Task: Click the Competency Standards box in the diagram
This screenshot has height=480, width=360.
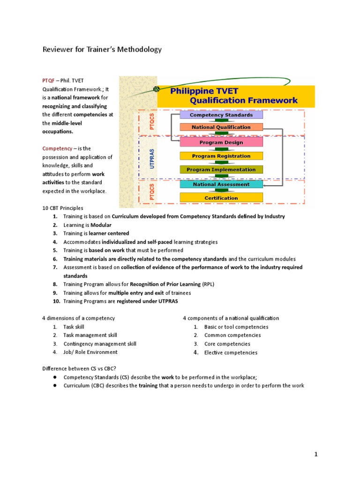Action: tap(221, 115)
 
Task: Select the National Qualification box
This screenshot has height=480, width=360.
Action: tap(221, 127)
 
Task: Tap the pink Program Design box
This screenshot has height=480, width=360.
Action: tap(221, 142)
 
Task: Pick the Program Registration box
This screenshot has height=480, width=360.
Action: tap(221, 156)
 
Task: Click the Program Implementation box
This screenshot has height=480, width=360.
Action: tap(221, 170)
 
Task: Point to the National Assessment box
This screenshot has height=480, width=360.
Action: tap(221, 184)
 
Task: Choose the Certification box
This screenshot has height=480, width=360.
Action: tap(221, 198)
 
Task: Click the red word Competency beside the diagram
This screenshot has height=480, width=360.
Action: tap(57, 148)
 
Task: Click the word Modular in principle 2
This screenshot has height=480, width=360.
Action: tap(101, 225)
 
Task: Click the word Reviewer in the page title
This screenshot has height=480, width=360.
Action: tap(58, 49)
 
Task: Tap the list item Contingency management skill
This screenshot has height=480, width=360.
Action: tap(100, 344)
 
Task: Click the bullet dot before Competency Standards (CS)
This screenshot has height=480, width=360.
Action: tap(55, 377)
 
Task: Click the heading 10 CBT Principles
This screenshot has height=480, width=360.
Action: tap(64, 208)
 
